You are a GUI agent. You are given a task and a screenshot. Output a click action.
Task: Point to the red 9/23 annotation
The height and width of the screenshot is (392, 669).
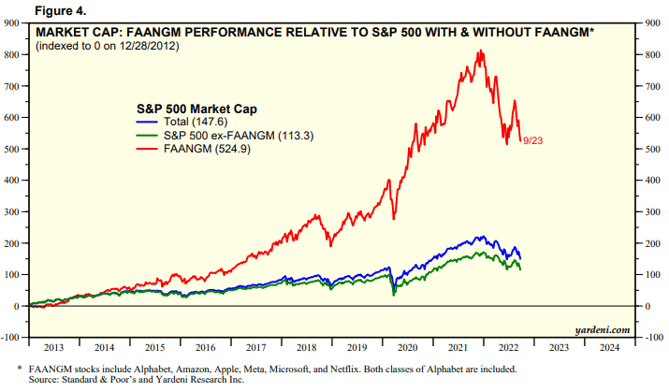pyautogui.click(x=534, y=140)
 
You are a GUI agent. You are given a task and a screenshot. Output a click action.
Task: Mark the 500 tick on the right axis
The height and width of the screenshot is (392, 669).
pyautogui.click(x=651, y=149)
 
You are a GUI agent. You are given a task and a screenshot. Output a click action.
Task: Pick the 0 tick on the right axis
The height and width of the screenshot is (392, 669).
pyautogui.click(x=646, y=306)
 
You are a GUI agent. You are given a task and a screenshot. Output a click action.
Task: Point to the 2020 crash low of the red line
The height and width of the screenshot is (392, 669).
pyautogui.click(x=394, y=219)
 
